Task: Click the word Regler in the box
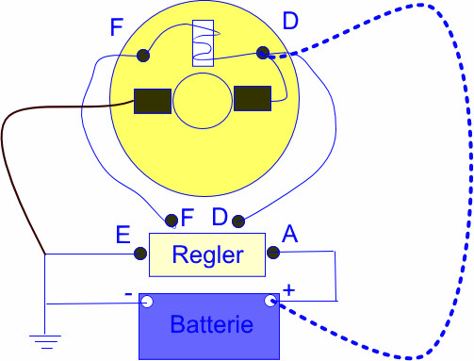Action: [x=208, y=255]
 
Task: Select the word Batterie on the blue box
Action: [x=211, y=326]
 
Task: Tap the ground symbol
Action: [x=44, y=338]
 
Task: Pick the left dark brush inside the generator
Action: [x=153, y=101]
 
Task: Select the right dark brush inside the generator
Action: [x=253, y=98]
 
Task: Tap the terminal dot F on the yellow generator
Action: [x=144, y=56]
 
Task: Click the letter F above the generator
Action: [x=117, y=27]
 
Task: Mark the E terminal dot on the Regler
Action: [x=140, y=253]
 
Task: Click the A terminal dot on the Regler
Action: [x=273, y=252]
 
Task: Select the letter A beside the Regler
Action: [x=290, y=235]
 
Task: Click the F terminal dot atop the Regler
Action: [x=172, y=222]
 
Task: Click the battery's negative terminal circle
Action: [x=147, y=302]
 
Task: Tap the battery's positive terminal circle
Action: [x=270, y=302]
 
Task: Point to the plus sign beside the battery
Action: [x=289, y=291]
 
